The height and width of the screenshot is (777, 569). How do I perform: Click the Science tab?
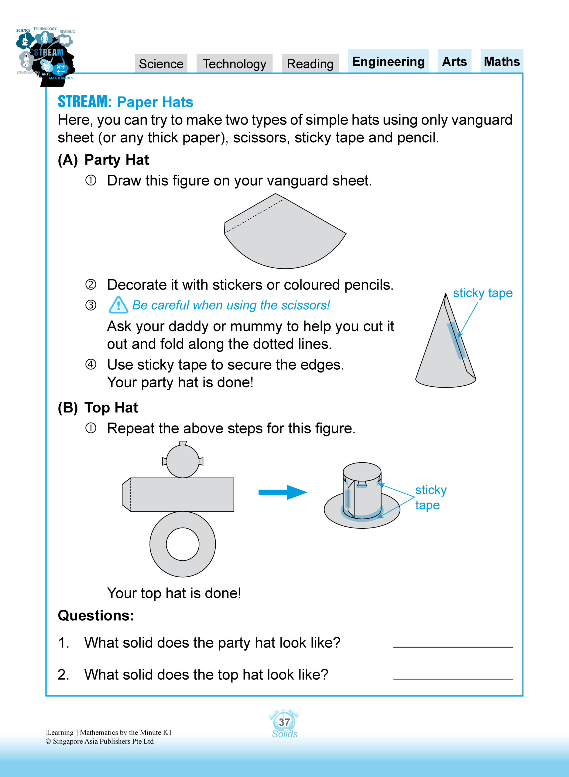click(x=161, y=64)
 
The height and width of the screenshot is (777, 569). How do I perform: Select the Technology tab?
click(x=234, y=64)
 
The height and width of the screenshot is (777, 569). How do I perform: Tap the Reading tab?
click(x=310, y=64)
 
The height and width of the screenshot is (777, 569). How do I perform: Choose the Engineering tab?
click(x=388, y=61)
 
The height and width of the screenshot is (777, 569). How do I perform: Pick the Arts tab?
click(x=454, y=61)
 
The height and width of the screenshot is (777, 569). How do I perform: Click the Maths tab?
click(x=502, y=61)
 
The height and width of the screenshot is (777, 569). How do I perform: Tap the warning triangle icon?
click(x=118, y=305)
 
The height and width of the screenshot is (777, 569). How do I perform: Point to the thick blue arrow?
click(x=283, y=492)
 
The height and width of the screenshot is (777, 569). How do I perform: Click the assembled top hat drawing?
click(x=362, y=496)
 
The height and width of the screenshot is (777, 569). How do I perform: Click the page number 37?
click(x=284, y=722)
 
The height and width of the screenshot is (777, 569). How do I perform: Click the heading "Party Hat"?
click(x=116, y=160)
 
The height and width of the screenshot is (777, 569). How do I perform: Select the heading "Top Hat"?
click(x=111, y=407)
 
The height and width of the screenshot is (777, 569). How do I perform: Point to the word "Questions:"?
click(x=96, y=615)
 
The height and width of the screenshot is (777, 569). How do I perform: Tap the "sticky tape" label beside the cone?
click(x=482, y=293)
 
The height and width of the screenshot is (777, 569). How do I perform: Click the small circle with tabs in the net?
click(x=183, y=461)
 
